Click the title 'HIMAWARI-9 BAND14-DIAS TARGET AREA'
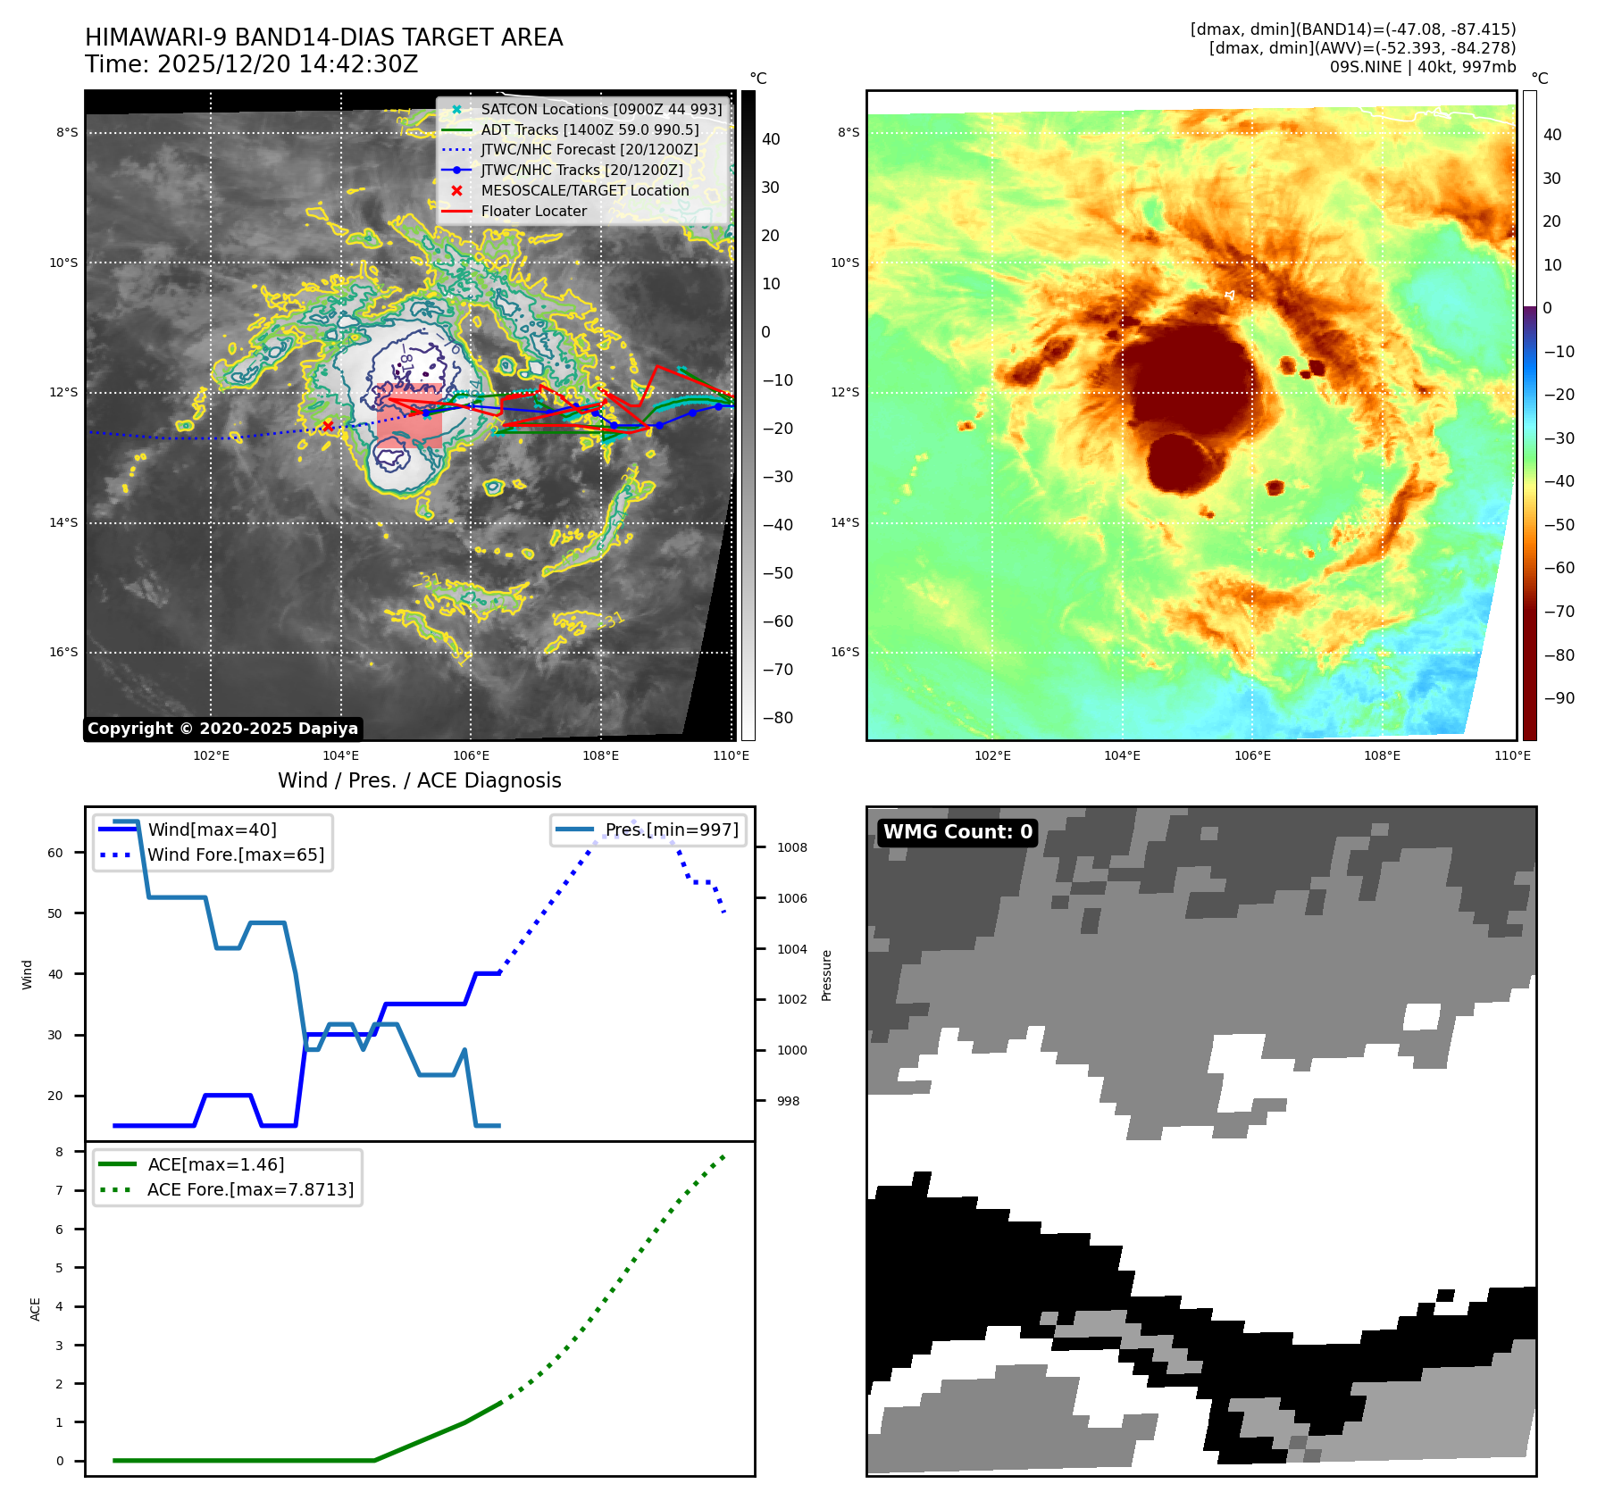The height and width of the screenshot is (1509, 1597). tap(323, 38)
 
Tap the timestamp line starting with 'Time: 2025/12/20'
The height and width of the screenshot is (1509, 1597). tap(251, 64)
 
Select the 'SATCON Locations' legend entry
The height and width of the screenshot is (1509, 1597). tap(600, 109)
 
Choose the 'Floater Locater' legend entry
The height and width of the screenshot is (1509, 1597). tap(533, 211)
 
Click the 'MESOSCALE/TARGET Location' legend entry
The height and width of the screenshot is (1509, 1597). tap(584, 190)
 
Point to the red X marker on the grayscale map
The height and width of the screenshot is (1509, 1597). tap(328, 426)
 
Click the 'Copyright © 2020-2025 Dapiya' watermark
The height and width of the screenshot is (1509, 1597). tap(222, 729)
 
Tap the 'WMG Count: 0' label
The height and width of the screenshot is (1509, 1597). tap(957, 832)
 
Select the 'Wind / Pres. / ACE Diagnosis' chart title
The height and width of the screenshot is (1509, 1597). tap(419, 780)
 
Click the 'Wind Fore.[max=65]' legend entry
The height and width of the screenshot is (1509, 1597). tap(236, 855)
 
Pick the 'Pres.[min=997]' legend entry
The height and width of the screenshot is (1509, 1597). tap(671, 830)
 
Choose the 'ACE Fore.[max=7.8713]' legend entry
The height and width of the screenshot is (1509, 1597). tap(250, 1189)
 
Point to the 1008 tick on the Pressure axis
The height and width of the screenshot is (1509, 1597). tap(791, 847)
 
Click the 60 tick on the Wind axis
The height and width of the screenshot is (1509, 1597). tap(55, 853)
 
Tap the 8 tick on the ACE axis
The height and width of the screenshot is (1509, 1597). tap(59, 1152)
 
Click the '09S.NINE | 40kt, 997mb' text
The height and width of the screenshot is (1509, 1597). tap(1422, 67)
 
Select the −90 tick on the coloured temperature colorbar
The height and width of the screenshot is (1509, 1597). tap(1559, 698)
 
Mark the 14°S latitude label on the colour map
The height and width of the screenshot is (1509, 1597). tap(844, 522)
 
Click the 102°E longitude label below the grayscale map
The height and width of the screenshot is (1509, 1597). tap(211, 755)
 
